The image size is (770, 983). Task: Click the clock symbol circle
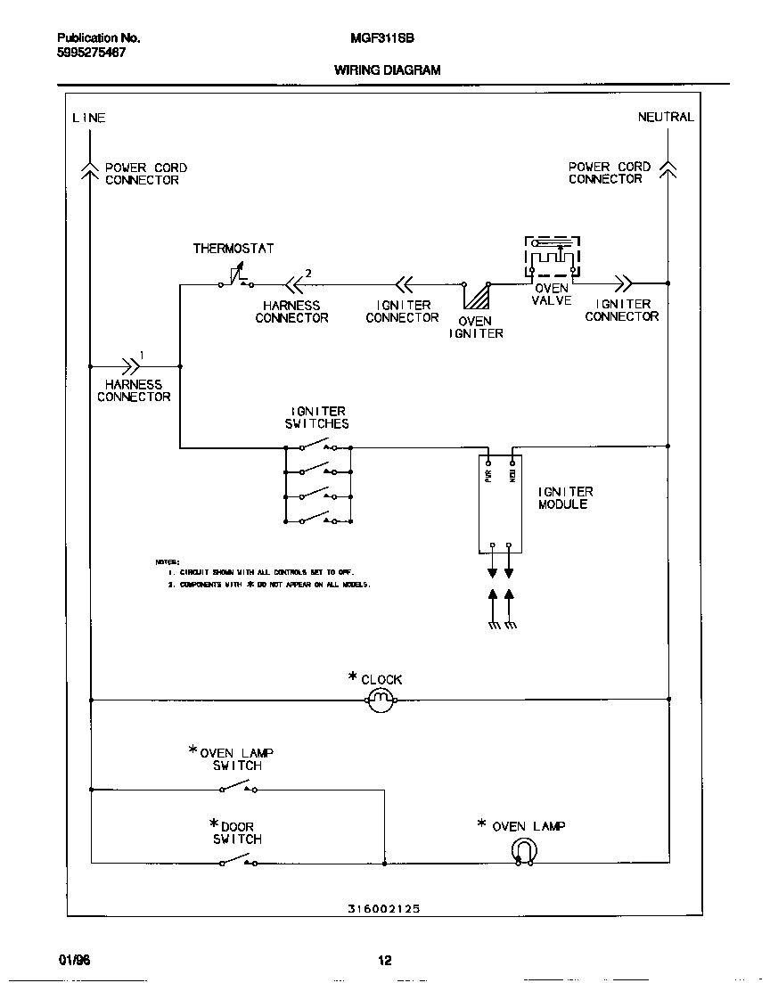coord(381,700)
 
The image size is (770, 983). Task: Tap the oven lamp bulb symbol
coord(524,853)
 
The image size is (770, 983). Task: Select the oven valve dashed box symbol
coord(552,258)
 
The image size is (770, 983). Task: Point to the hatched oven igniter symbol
coord(477,296)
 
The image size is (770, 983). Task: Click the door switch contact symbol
coord(237,860)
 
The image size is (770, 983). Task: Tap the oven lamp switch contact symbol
coord(237,786)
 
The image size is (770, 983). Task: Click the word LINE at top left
coord(88,118)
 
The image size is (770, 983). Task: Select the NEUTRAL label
coord(665,117)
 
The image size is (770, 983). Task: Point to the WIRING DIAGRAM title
coord(387,70)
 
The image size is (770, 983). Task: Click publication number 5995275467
coord(91,53)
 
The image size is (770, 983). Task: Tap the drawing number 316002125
coord(383,909)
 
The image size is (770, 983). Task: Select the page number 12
coord(384,961)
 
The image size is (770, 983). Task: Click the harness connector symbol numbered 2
coord(293,284)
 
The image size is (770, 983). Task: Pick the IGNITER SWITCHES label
coord(317,417)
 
